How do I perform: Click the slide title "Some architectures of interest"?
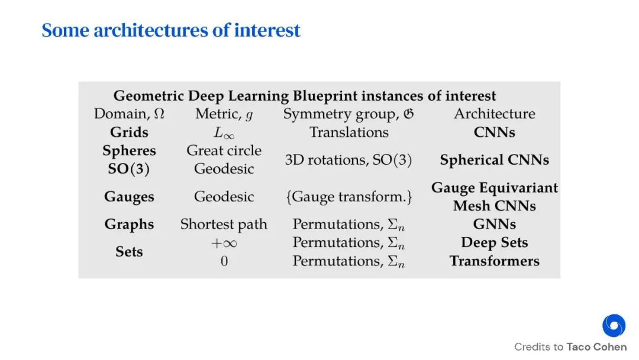tap(171, 30)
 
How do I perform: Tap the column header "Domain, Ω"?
tap(129, 114)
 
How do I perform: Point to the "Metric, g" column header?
tap(224, 114)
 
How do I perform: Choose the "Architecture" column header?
tap(494, 114)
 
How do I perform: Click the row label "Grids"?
tap(129, 133)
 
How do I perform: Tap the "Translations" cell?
tap(348, 133)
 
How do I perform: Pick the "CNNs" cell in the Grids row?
tap(494, 133)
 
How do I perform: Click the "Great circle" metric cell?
tap(224, 150)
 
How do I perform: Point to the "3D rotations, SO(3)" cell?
tap(348, 160)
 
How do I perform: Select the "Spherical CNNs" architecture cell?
tap(494, 160)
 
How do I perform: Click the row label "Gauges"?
tap(129, 197)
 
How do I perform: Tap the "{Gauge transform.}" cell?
tap(348, 197)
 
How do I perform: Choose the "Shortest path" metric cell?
tap(224, 224)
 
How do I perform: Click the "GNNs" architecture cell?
tap(494, 224)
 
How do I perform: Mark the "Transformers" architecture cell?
tap(494, 261)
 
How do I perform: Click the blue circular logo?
tap(614, 326)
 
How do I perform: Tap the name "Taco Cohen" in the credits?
tap(596, 347)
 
